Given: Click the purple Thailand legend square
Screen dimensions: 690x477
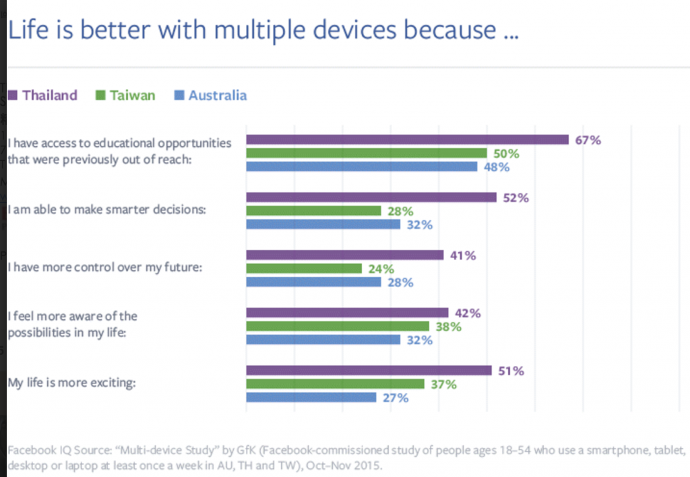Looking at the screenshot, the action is click(x=12, y=95).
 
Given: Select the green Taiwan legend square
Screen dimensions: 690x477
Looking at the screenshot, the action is click(x=100, y=95).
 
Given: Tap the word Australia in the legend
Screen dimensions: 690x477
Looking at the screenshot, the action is click(x=218, y=96).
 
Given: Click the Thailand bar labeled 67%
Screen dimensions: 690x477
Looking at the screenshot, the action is click(x=408, y=139).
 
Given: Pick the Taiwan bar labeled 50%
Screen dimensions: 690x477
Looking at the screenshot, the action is click(x=367, y=153).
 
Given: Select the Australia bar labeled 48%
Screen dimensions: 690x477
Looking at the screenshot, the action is click(x=362, y=166).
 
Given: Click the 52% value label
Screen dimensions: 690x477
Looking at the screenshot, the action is click(x=515, y=198).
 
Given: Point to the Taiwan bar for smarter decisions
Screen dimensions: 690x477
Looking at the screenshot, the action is click(x=314, y=211).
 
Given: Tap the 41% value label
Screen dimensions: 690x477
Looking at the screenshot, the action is click(x=463, y=255).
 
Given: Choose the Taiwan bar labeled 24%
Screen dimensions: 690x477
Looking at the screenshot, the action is click(x=304, y=268).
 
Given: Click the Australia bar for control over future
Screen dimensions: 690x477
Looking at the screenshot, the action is click(x=314, y=282).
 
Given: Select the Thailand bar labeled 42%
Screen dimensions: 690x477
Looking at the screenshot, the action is click(x=347, y=313).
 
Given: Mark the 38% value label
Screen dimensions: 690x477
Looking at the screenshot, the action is click(x=448, y=327).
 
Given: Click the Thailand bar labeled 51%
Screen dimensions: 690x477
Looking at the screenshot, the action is click(x=369, y=371).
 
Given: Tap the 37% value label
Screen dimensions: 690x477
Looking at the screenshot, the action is click(x=443, y=385).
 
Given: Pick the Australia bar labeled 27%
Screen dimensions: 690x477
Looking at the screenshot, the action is click(x=311, y=397).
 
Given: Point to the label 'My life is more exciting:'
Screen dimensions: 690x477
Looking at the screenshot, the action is click(x=71, y=383).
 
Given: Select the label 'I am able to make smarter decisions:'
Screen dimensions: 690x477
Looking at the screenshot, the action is click(x=107, y=210).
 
